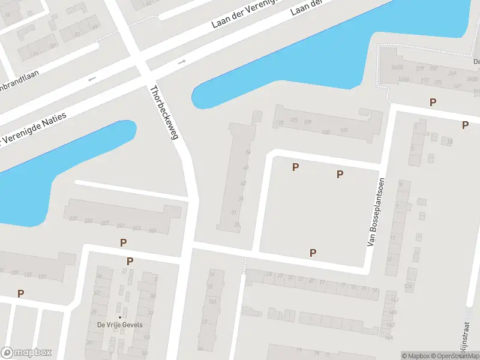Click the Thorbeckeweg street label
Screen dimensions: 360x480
pos(164,113)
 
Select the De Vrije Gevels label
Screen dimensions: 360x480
pos(119,325)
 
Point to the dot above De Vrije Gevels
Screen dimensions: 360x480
pos(119,317)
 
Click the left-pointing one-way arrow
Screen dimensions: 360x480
pos(92,79)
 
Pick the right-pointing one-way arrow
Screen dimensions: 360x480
pos(182,62)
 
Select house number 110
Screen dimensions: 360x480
pos(279,123)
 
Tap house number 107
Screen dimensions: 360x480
pos(344,130)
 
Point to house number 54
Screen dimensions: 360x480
pos(247,152)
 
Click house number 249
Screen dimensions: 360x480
pos(152,230)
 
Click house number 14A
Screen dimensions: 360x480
pos(389,338)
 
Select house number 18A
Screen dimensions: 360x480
pos(212,302)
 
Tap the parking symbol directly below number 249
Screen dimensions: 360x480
pos(123,243)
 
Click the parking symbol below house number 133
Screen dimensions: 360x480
pos(21,293)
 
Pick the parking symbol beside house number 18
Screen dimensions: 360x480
pos(465,125)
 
